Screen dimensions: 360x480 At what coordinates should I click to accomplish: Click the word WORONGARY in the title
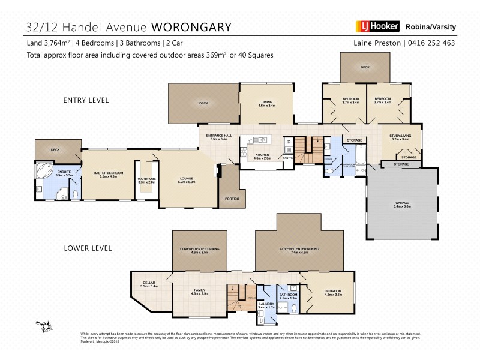point(191,27)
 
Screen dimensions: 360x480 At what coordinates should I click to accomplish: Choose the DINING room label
point(266,102)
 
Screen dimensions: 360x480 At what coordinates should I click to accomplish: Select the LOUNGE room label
point(185,178)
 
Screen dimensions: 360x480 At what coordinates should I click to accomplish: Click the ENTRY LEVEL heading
point(86,100)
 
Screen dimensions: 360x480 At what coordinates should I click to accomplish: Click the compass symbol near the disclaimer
point(43,326)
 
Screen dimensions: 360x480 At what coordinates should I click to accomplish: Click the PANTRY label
point(288,158)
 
